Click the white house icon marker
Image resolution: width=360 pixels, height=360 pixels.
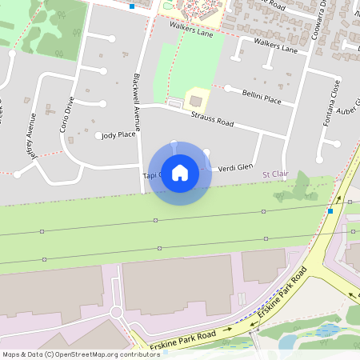(x=180, y=173)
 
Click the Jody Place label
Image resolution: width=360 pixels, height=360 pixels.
(x=119, y=135)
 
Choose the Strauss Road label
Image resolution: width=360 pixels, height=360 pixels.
(x=212, y=119)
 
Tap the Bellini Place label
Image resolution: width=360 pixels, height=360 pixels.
(x=262, y=98)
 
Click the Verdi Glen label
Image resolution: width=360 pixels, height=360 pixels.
(x=236, y=167)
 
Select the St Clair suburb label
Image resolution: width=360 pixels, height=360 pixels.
(x=274, y=174)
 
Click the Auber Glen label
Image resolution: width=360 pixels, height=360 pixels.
(x=348, y=110)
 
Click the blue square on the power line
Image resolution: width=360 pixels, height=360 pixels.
(x=330, y=211)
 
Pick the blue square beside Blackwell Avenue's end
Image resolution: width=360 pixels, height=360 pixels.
(x=132, y=6)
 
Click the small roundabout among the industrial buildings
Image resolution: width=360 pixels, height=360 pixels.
(x=117, y=311)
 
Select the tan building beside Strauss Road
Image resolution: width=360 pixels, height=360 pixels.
(x=196, y=101)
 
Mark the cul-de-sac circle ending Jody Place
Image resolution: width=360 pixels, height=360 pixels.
(x=99, y=136)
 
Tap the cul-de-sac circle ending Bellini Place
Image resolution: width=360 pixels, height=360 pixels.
(x=228, y=89)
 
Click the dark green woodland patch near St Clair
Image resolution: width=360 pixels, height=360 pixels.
(x=302, y=188)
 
